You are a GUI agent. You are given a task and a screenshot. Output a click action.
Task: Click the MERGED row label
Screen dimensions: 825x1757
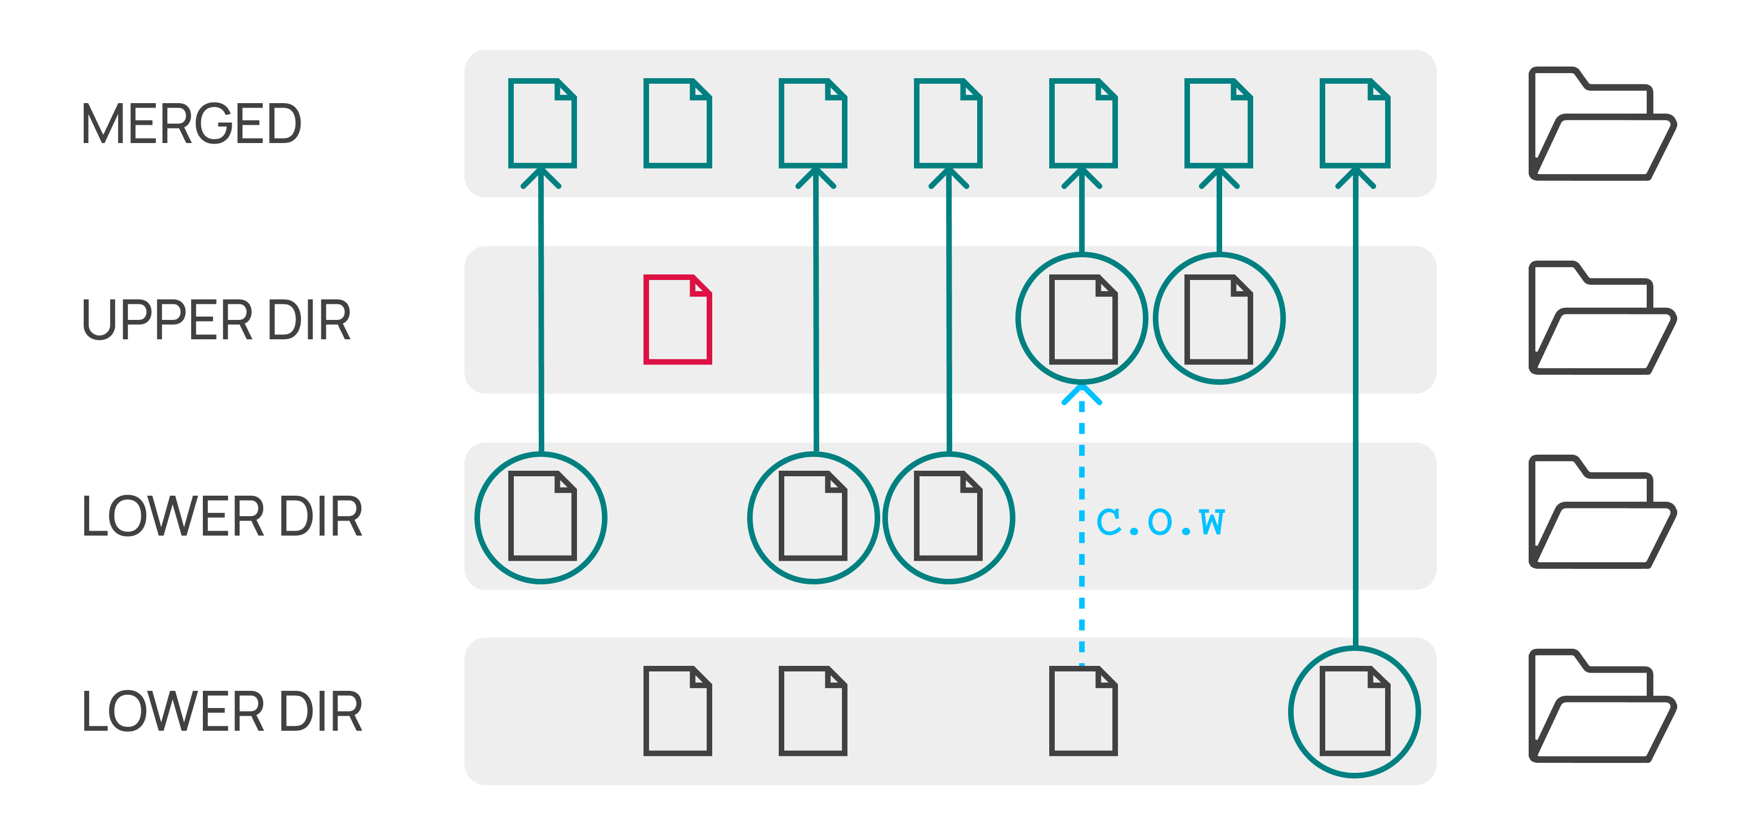(x=191, y=124)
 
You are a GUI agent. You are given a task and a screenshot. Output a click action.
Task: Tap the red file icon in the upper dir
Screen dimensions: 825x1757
(x=677, y=319)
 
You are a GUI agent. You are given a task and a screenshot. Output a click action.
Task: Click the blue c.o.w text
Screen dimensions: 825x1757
(x=1160, y=522)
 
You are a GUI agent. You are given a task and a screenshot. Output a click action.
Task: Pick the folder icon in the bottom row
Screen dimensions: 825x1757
(x=1601, y=706)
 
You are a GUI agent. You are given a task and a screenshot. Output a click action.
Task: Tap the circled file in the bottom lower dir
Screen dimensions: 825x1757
(x=1355, y=711)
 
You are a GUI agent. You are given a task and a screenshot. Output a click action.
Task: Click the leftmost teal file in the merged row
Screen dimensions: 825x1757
(x=542, y=123)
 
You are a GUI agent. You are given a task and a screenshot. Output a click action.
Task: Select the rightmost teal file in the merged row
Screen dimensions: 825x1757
(x=1355, y=123)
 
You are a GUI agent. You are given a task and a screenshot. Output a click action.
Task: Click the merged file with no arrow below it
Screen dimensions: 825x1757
(x=677, y=123)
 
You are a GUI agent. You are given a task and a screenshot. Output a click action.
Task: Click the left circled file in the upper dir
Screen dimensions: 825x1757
(x=1082, y=319)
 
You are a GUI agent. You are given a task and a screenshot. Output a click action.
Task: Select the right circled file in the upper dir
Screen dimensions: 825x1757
(x=1219, y=319)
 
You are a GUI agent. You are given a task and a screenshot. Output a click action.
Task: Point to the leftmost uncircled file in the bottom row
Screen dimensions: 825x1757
(x=677, y=711)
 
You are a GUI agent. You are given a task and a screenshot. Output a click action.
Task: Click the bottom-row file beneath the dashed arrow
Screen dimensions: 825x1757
(x=1082, y=711)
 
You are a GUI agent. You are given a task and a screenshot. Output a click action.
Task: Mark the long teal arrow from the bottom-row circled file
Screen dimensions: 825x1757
(x=1355, y=409)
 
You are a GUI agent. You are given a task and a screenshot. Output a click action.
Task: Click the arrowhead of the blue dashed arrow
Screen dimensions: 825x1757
(x=1082, y=394)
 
